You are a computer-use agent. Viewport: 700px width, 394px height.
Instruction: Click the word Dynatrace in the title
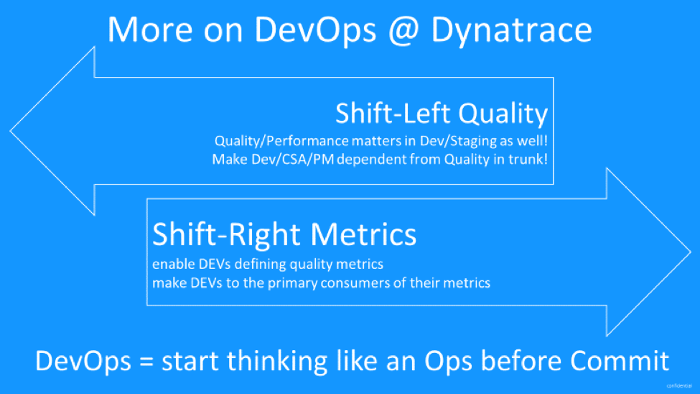[512, 30]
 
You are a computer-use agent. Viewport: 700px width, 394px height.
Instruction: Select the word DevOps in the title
[315, 30]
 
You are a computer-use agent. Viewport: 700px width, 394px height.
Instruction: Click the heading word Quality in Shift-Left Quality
[503, 114]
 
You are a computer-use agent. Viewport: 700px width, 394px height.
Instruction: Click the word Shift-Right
[228, 234]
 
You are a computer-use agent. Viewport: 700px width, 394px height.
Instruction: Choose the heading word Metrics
[363, 234]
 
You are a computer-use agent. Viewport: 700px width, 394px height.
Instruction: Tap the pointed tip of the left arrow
[10, 131]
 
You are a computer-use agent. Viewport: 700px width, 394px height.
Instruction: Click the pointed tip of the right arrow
[690, 252]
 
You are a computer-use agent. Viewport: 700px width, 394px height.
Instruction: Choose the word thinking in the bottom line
[277, 361]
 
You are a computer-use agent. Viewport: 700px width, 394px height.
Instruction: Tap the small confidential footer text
[679, 386]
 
